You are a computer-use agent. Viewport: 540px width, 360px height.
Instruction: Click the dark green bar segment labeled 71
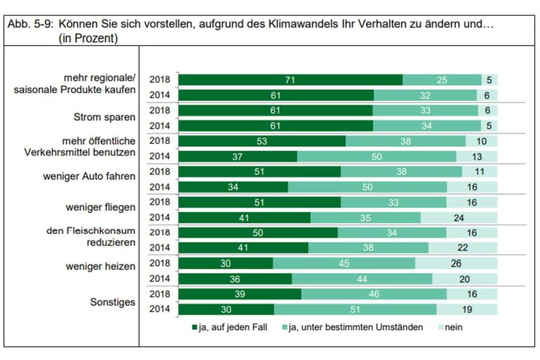click(290, 79)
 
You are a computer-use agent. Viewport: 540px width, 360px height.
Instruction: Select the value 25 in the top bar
click(441, 79)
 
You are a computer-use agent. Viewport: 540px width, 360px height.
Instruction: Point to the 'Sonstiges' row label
click(112, 303)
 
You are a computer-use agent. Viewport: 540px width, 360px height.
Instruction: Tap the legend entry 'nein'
click(451, 327)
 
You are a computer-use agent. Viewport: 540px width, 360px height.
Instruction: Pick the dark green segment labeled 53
click(262, 141)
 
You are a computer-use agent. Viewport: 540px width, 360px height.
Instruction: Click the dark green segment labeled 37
click(238, 156)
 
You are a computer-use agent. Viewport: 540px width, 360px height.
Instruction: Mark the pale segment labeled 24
click(459, 217)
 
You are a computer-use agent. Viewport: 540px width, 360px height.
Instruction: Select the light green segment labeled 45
click(344, 263)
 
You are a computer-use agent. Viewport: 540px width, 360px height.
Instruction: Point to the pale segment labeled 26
click(457, 263)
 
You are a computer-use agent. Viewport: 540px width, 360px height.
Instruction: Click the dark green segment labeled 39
click(240, 294)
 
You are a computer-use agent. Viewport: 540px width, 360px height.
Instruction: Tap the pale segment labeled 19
click(467, 309)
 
